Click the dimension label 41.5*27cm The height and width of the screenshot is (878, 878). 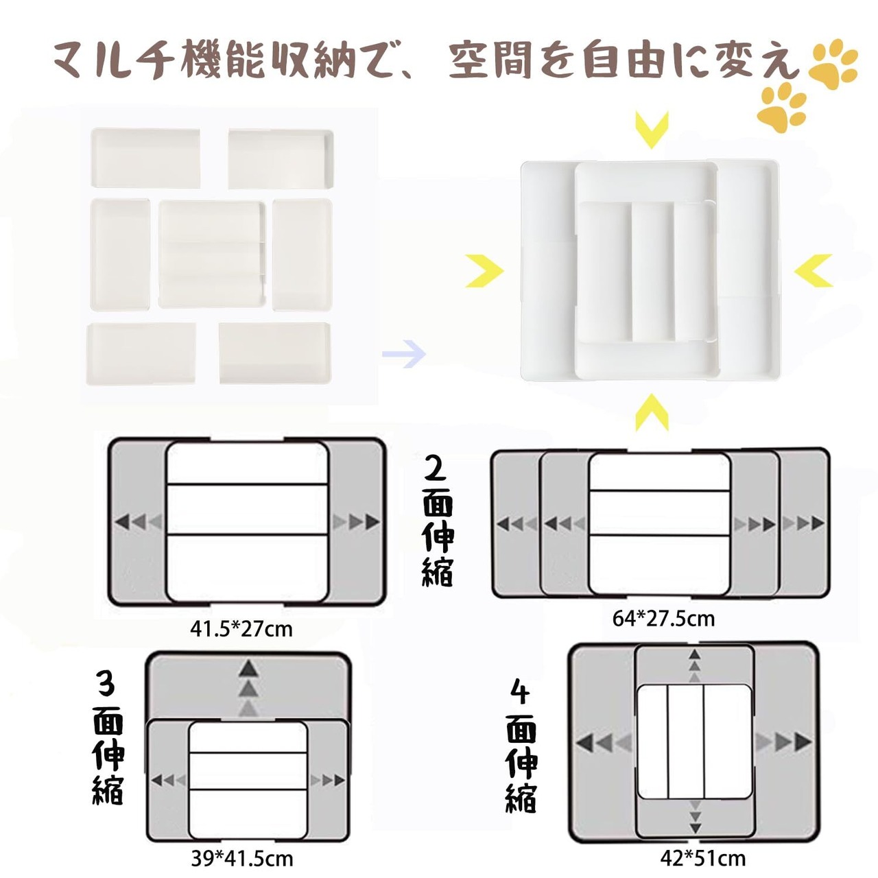coord(241,630)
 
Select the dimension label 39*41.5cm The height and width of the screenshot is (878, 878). coord(241,859)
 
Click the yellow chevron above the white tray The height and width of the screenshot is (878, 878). coord(652,130)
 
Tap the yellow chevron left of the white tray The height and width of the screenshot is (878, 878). coord(484,271)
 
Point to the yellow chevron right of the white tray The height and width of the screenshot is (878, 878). coord(814,271)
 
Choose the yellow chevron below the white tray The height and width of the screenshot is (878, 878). coord(652,412)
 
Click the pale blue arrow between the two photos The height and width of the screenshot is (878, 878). coord(404,353)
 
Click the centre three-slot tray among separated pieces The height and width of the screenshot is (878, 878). coord(213,254)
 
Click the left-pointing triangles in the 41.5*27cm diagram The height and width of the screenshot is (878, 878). coord(138,522)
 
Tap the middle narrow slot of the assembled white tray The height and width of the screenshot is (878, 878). coord(652,272)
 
